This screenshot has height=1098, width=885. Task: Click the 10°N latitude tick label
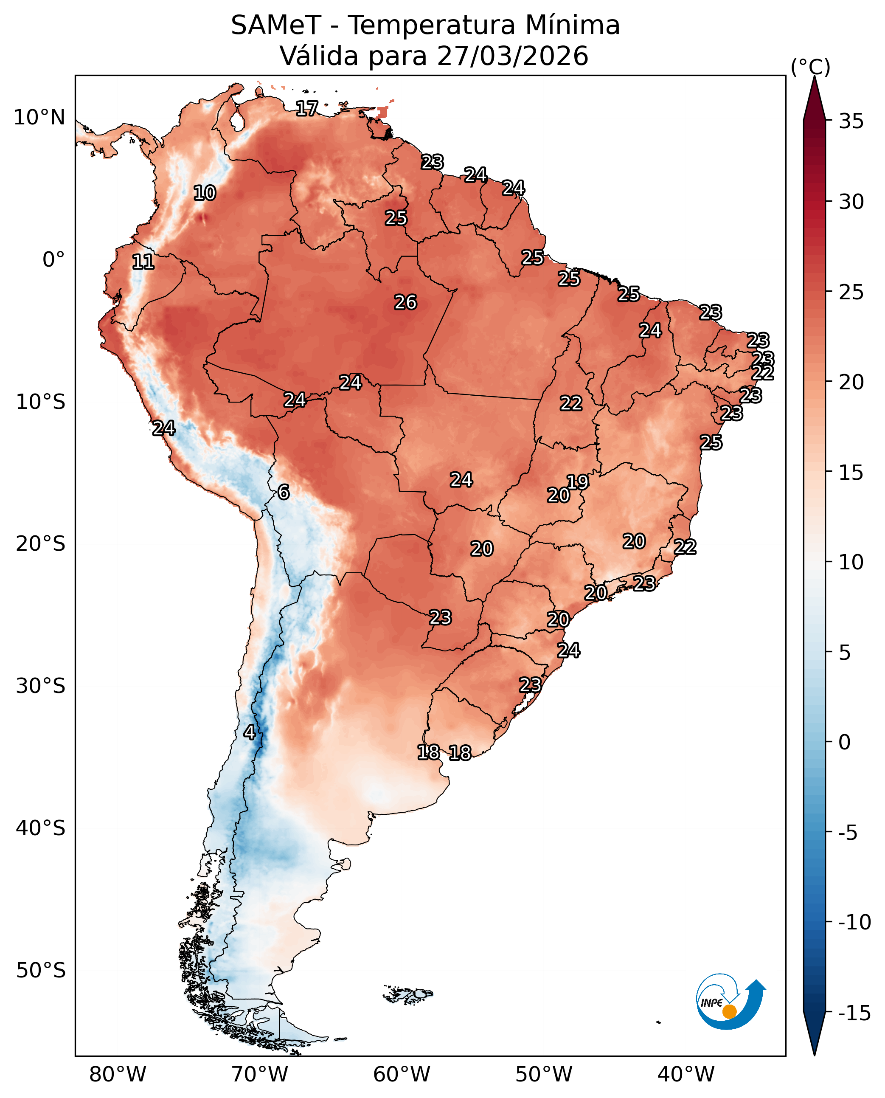click(39, 118)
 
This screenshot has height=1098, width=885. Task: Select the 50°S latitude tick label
click(40, 970)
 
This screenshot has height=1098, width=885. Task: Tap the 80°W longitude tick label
click(117, 1074)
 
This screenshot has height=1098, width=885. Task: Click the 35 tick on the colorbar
click(851, 121)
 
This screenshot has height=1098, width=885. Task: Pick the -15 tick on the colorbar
click(854, 1013)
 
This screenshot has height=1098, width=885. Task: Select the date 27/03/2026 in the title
click(512, 56)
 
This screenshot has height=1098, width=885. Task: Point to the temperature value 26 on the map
click(406, 302)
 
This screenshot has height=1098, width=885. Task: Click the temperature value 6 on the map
click(284, 492)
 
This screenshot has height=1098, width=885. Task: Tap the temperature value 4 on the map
click(249, 732)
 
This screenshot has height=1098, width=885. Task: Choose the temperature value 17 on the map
click(307, 108)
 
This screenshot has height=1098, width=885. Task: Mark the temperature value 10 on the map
click(205, 193)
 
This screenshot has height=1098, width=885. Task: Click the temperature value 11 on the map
click(143, 262)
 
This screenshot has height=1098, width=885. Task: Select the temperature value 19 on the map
click(578, 482)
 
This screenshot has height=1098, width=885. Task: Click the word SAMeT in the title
click(276, 25)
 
